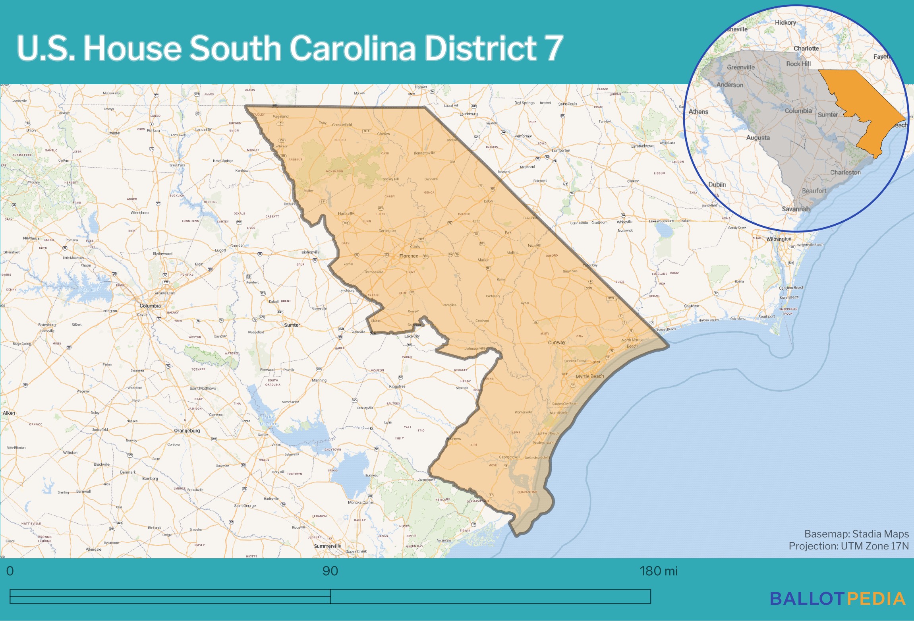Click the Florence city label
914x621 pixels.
409,256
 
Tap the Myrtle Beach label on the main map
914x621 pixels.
589,376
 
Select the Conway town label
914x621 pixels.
557,342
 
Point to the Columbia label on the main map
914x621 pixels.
150,306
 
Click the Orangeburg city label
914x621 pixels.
187,431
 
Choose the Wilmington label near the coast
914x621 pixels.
779,239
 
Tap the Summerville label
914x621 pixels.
328,546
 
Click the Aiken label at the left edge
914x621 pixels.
9,413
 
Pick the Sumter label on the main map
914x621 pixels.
292,325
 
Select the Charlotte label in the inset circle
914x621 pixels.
806,48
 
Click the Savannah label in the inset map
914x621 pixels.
795,209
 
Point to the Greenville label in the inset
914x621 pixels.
740,67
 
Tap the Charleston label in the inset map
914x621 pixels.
845,172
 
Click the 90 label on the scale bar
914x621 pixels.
330,571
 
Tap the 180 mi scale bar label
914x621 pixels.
658,571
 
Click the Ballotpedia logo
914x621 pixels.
838,599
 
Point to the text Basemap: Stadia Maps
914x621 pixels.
856,534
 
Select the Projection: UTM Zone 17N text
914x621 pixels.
848,546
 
